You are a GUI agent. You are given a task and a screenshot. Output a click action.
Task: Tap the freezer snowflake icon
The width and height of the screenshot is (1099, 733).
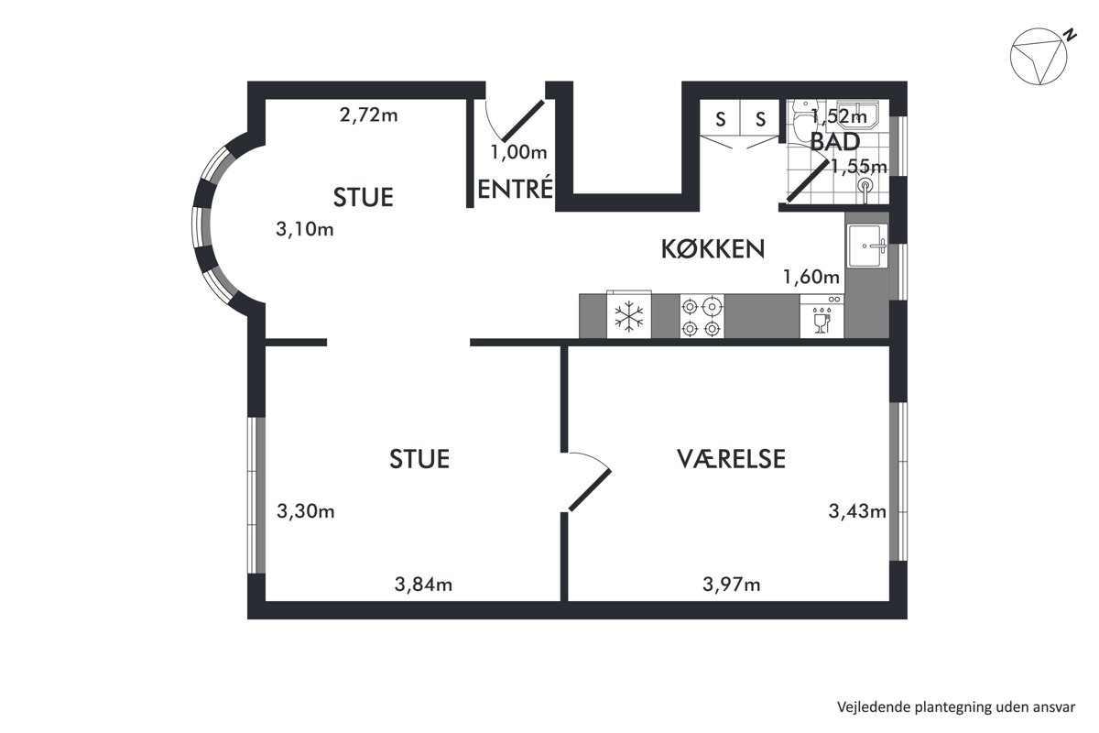point(628,316)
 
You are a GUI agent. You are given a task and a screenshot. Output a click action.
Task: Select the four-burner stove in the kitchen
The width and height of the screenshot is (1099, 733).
point(702,317)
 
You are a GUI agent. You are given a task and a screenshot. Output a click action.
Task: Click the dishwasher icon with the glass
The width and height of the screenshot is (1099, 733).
point(822,317)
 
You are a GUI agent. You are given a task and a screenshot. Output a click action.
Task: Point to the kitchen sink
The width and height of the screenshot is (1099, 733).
point(867,246)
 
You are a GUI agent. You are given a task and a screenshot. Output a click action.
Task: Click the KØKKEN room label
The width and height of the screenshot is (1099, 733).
point(713,249)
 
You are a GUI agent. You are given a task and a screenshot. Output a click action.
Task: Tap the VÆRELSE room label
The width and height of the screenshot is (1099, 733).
point(731,458)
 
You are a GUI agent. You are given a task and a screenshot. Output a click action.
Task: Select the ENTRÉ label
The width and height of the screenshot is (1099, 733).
point(515,189)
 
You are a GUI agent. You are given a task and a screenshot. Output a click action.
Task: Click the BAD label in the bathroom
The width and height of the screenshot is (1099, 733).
point(835,142)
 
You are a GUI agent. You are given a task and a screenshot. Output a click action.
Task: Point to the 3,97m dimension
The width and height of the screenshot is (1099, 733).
point(732,585)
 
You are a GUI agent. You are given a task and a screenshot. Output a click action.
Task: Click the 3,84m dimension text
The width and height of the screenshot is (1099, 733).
point(423,585)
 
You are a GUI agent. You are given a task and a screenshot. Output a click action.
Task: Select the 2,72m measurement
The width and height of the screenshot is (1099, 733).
point(368,115)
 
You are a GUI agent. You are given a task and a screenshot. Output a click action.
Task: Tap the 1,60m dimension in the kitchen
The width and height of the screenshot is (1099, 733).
point(811,277)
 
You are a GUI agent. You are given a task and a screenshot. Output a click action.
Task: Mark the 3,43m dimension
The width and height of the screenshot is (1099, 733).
point(857,511)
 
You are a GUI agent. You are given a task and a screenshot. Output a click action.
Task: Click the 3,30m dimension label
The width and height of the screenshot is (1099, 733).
point(306,511)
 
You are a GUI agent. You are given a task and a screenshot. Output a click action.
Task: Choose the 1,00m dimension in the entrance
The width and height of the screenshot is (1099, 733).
point(518,152)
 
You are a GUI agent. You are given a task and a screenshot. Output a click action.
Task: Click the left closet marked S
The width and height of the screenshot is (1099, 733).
point(720,118)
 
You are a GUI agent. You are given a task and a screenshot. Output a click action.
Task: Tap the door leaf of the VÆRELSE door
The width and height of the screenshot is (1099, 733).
point(590,490)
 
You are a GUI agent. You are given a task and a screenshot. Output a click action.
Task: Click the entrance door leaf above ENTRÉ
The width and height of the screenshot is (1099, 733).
point(523,121)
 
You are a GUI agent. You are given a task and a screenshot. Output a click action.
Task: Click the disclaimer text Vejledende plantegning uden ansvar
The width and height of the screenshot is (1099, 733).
point(956,707)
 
